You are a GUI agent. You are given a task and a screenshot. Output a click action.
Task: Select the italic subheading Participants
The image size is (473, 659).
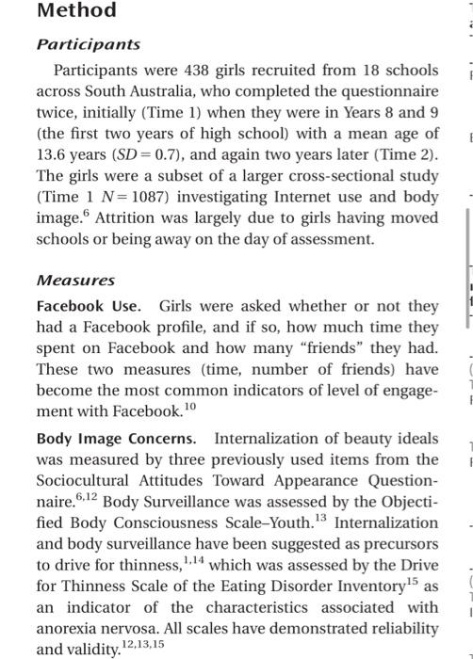pos(88,44)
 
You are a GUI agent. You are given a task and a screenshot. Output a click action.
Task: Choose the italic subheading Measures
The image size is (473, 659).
pos(75,281)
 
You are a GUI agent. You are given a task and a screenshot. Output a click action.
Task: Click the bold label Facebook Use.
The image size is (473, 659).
pos(89,307)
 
